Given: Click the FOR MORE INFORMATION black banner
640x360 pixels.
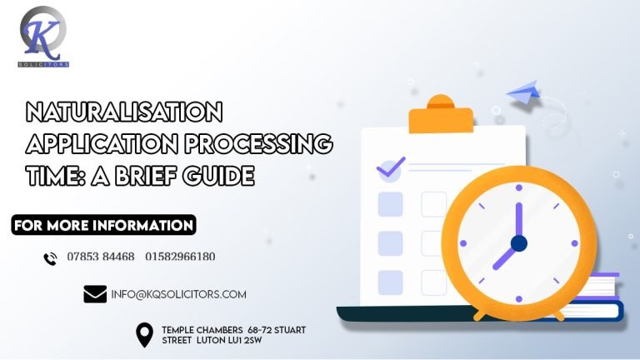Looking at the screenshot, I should pyautogui.click(x=104, y=225).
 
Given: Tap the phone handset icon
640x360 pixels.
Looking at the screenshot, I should pyautogui.click(x=50, y=258).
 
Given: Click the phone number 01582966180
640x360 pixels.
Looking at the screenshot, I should pyautogui.click(x=180, y=257).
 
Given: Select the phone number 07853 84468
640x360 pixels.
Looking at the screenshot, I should pyautogui.click(x=101, y=257).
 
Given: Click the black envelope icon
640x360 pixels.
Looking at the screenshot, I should pyautogui.click(x=95, y=294).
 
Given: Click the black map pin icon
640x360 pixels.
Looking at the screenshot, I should pyautogui.click(x=145, y=335).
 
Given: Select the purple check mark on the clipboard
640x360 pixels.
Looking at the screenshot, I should pyautogui.click(x=390, y=167).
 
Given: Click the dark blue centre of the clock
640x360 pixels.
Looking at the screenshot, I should pyautogui.click(x=519, y=243).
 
